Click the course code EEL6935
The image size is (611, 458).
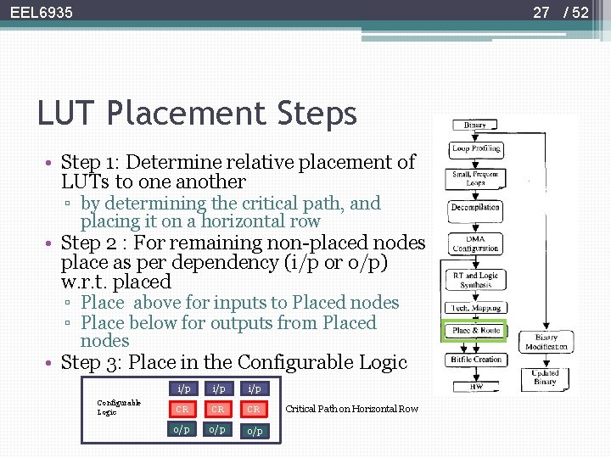point(41,12)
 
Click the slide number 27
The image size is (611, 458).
point(541,12)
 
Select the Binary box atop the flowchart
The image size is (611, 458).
point(475,125)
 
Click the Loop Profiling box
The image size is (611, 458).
point(475,148)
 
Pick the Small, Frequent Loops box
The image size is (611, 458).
point(475,178)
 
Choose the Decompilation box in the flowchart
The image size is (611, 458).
point(475,207)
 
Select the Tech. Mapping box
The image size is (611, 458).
point(475,308)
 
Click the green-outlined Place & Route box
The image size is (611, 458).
point(475,331)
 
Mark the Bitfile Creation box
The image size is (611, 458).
point(475,360)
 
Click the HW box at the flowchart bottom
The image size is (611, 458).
point(475,386)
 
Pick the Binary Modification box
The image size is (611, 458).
point(547,342)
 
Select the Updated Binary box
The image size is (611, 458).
point(545,377)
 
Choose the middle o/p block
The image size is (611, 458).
point(218,430)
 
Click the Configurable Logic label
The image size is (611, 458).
point(119,407)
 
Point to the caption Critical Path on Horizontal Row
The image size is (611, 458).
point(351,409)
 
